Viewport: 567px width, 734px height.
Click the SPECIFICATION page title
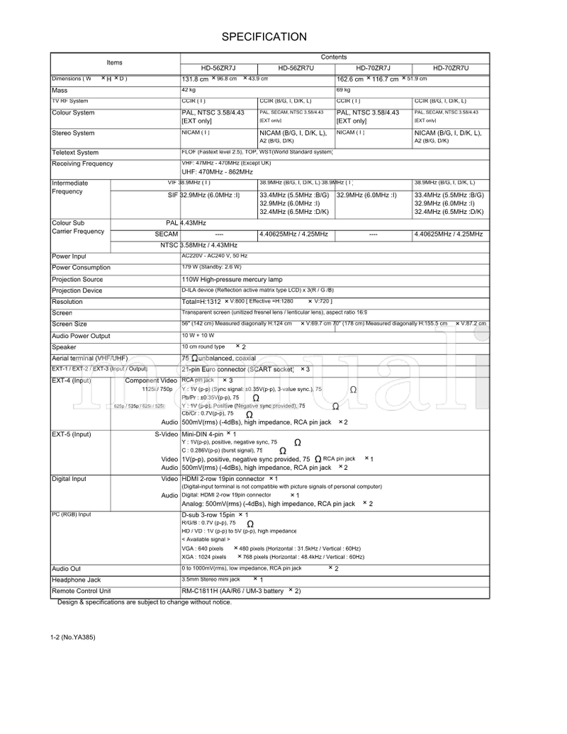264,37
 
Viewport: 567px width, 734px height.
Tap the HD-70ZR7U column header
451,68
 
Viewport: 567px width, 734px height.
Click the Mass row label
60,91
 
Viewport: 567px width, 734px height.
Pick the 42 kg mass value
189,91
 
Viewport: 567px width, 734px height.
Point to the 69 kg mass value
343,91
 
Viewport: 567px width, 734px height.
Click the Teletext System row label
75,152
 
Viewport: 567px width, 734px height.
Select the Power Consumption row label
81,268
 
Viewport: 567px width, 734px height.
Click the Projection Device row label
77,290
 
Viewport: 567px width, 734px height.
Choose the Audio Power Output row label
81,336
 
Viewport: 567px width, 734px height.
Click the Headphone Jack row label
77,580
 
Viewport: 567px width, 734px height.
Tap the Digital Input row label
69,479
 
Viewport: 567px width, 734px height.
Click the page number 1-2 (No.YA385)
73,638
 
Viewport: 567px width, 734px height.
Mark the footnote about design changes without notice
145,602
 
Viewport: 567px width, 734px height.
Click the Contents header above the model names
334,57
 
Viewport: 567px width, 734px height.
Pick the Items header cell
114,62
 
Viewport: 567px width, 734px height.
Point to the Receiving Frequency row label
82,164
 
